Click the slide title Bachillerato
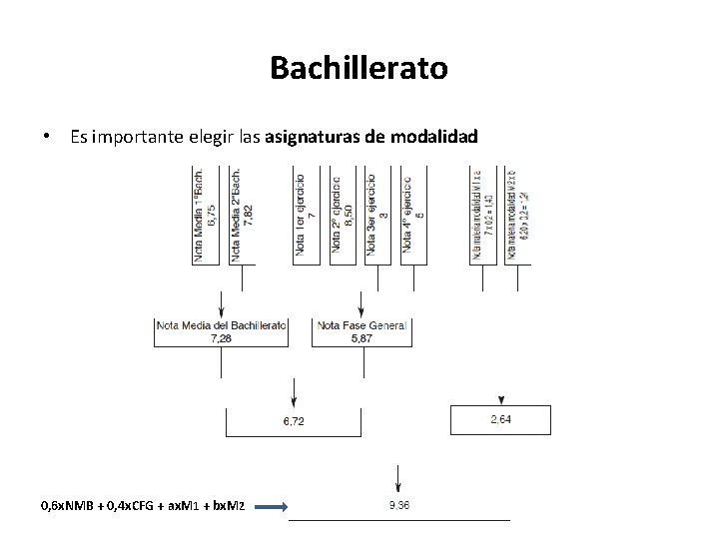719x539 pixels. pyautogui.click(x=359, y=69)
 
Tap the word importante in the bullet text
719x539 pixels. pyautogui.click(x=136, y=137)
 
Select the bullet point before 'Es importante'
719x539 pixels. pyautogui.click(x=46, y=137)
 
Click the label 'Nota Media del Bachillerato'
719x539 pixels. pyautogui.click(x=221, y=325)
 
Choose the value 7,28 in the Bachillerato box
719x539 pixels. pyautogui.click(x=221, y=339)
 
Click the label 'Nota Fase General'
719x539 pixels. pyautogui.click(x=361, y=325)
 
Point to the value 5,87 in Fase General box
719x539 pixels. pyautogui.click(x=361, y=339)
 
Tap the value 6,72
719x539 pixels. pyautogui.click(x=293, y=422)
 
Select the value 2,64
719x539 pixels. pyautogui.click(x=500, y=419)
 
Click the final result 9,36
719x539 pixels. pyautogui.click(x=398, y=505)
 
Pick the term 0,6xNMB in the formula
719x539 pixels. pyautogui.click(x=65, y=507)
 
